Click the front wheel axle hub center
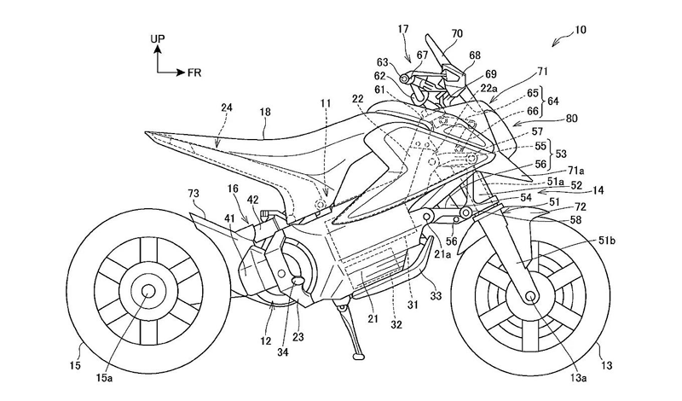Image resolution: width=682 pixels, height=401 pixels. coord(531,299)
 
